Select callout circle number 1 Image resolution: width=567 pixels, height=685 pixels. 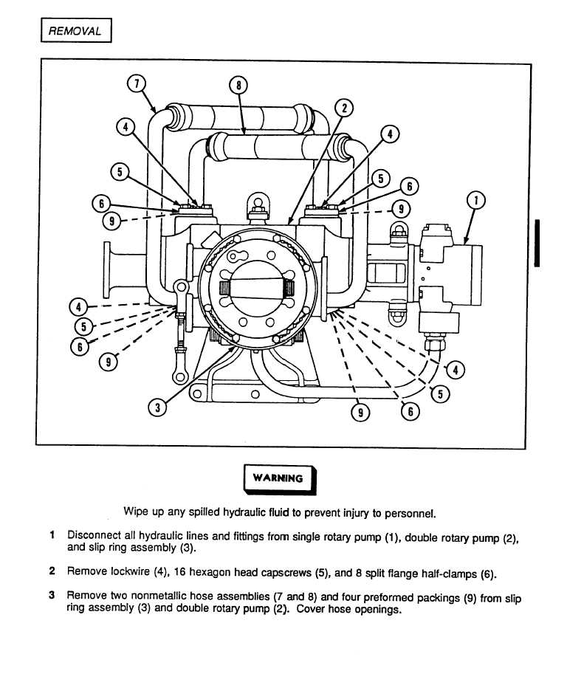(476, 200)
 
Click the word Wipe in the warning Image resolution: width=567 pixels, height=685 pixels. (137, 512)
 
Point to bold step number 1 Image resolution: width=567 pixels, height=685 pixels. (52, 534)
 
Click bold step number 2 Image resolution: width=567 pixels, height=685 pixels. (52, 572)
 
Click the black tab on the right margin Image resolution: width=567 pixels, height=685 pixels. (540, 244)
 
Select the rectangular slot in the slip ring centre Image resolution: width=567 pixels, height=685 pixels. (258, 286)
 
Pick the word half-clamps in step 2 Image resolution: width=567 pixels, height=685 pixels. (449, 572)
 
